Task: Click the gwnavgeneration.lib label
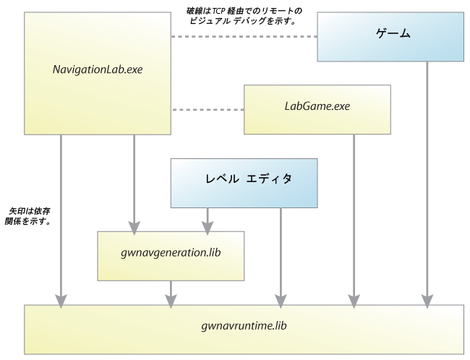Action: pos(171,254)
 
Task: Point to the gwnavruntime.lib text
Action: pos(244,326)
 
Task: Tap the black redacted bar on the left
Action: pos(27,215)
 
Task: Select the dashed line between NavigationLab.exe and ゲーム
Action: pos(243,36)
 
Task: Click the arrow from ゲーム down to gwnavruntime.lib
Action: pos(427,181)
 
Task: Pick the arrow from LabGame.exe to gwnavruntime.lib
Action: pos(354,217)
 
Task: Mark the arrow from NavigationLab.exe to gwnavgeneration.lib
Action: pos(134,181)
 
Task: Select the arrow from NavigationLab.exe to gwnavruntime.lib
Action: pos(60,217)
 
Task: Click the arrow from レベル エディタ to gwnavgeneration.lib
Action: pos(208,217)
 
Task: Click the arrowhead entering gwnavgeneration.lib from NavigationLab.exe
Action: pos(134,225)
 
